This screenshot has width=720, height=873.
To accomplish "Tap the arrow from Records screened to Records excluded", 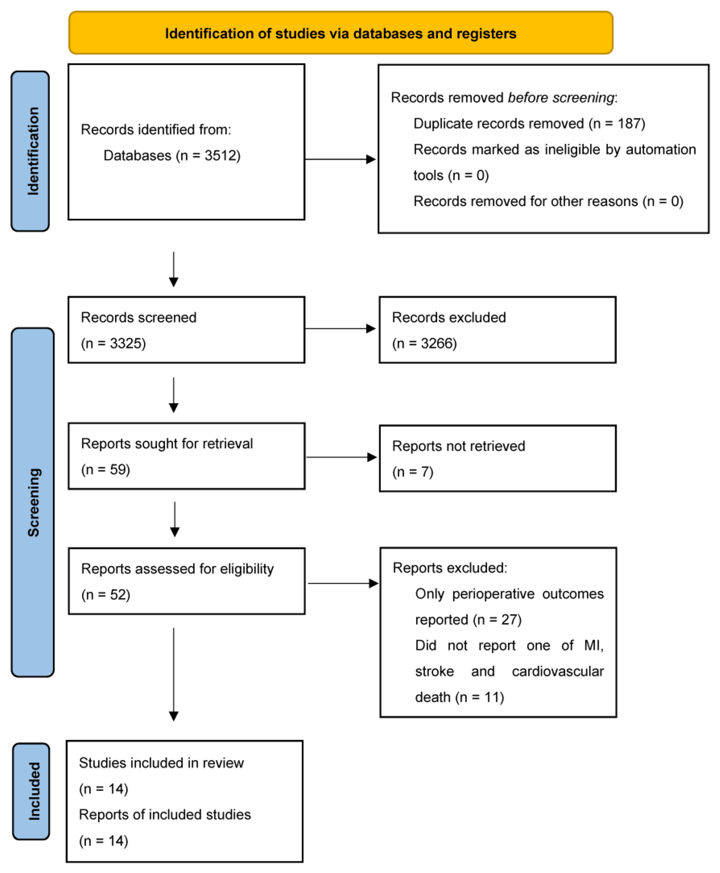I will point(340,329).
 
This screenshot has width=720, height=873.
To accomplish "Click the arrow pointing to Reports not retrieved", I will point(341,457).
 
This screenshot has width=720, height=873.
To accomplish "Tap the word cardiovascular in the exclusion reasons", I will point(557,671).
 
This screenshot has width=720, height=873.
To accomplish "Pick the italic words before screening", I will point(560,97).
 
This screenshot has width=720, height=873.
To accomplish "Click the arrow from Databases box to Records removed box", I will point(340,159).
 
